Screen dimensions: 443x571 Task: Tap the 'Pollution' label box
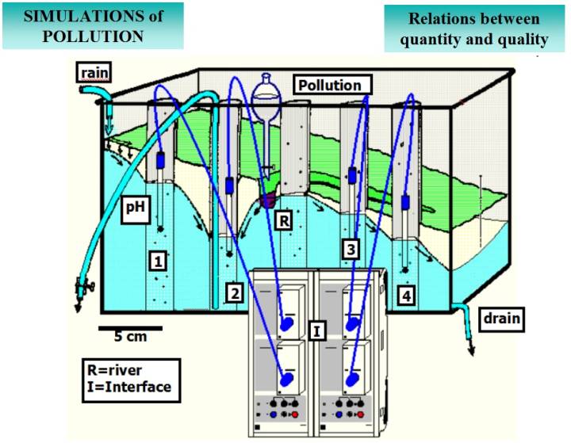[x=330, y=85]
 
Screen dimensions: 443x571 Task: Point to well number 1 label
[x=159, y=259]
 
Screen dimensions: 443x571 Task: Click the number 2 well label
[x=233, y=292]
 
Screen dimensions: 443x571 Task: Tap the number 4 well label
[x=407, y=297]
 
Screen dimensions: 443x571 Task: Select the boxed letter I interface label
[x=316, y=329]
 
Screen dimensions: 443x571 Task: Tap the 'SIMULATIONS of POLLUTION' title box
[x=94, y=25]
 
